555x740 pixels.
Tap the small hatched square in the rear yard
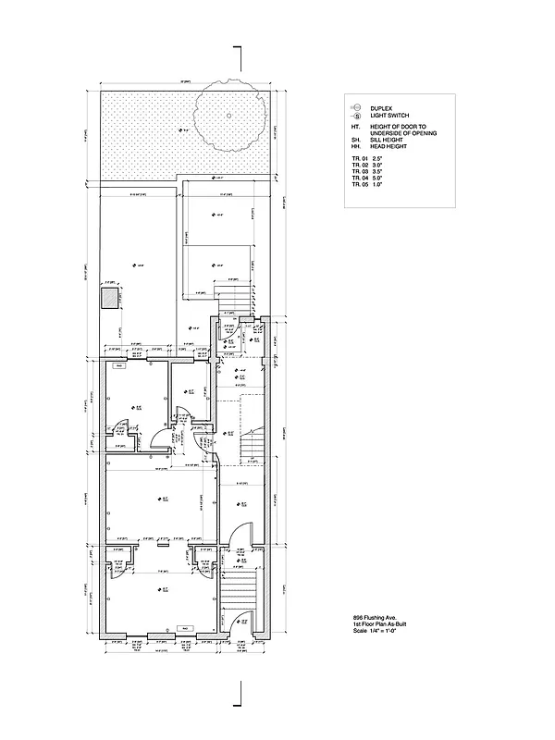pos(110,298)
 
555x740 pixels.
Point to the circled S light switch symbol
pos(355,115)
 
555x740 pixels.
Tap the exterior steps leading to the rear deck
pos(228,302)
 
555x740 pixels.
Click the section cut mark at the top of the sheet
pos(240,57)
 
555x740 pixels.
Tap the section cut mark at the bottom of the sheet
pos(240,689)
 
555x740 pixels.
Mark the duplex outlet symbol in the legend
pos(355,107)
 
